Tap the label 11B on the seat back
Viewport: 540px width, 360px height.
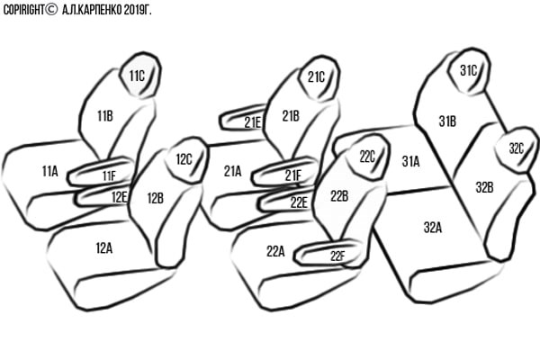(103, 115)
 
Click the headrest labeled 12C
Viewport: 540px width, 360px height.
(184, 160)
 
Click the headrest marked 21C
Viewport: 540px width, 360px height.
(316, 76)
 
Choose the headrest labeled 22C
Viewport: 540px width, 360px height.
(367, 157)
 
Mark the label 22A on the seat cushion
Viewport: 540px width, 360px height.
(275, 252)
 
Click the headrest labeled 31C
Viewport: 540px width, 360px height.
(468, 70)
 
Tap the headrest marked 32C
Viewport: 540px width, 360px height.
(517, 148)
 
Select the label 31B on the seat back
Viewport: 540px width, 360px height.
(447, 121)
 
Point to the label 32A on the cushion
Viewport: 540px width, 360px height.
(432, 228)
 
